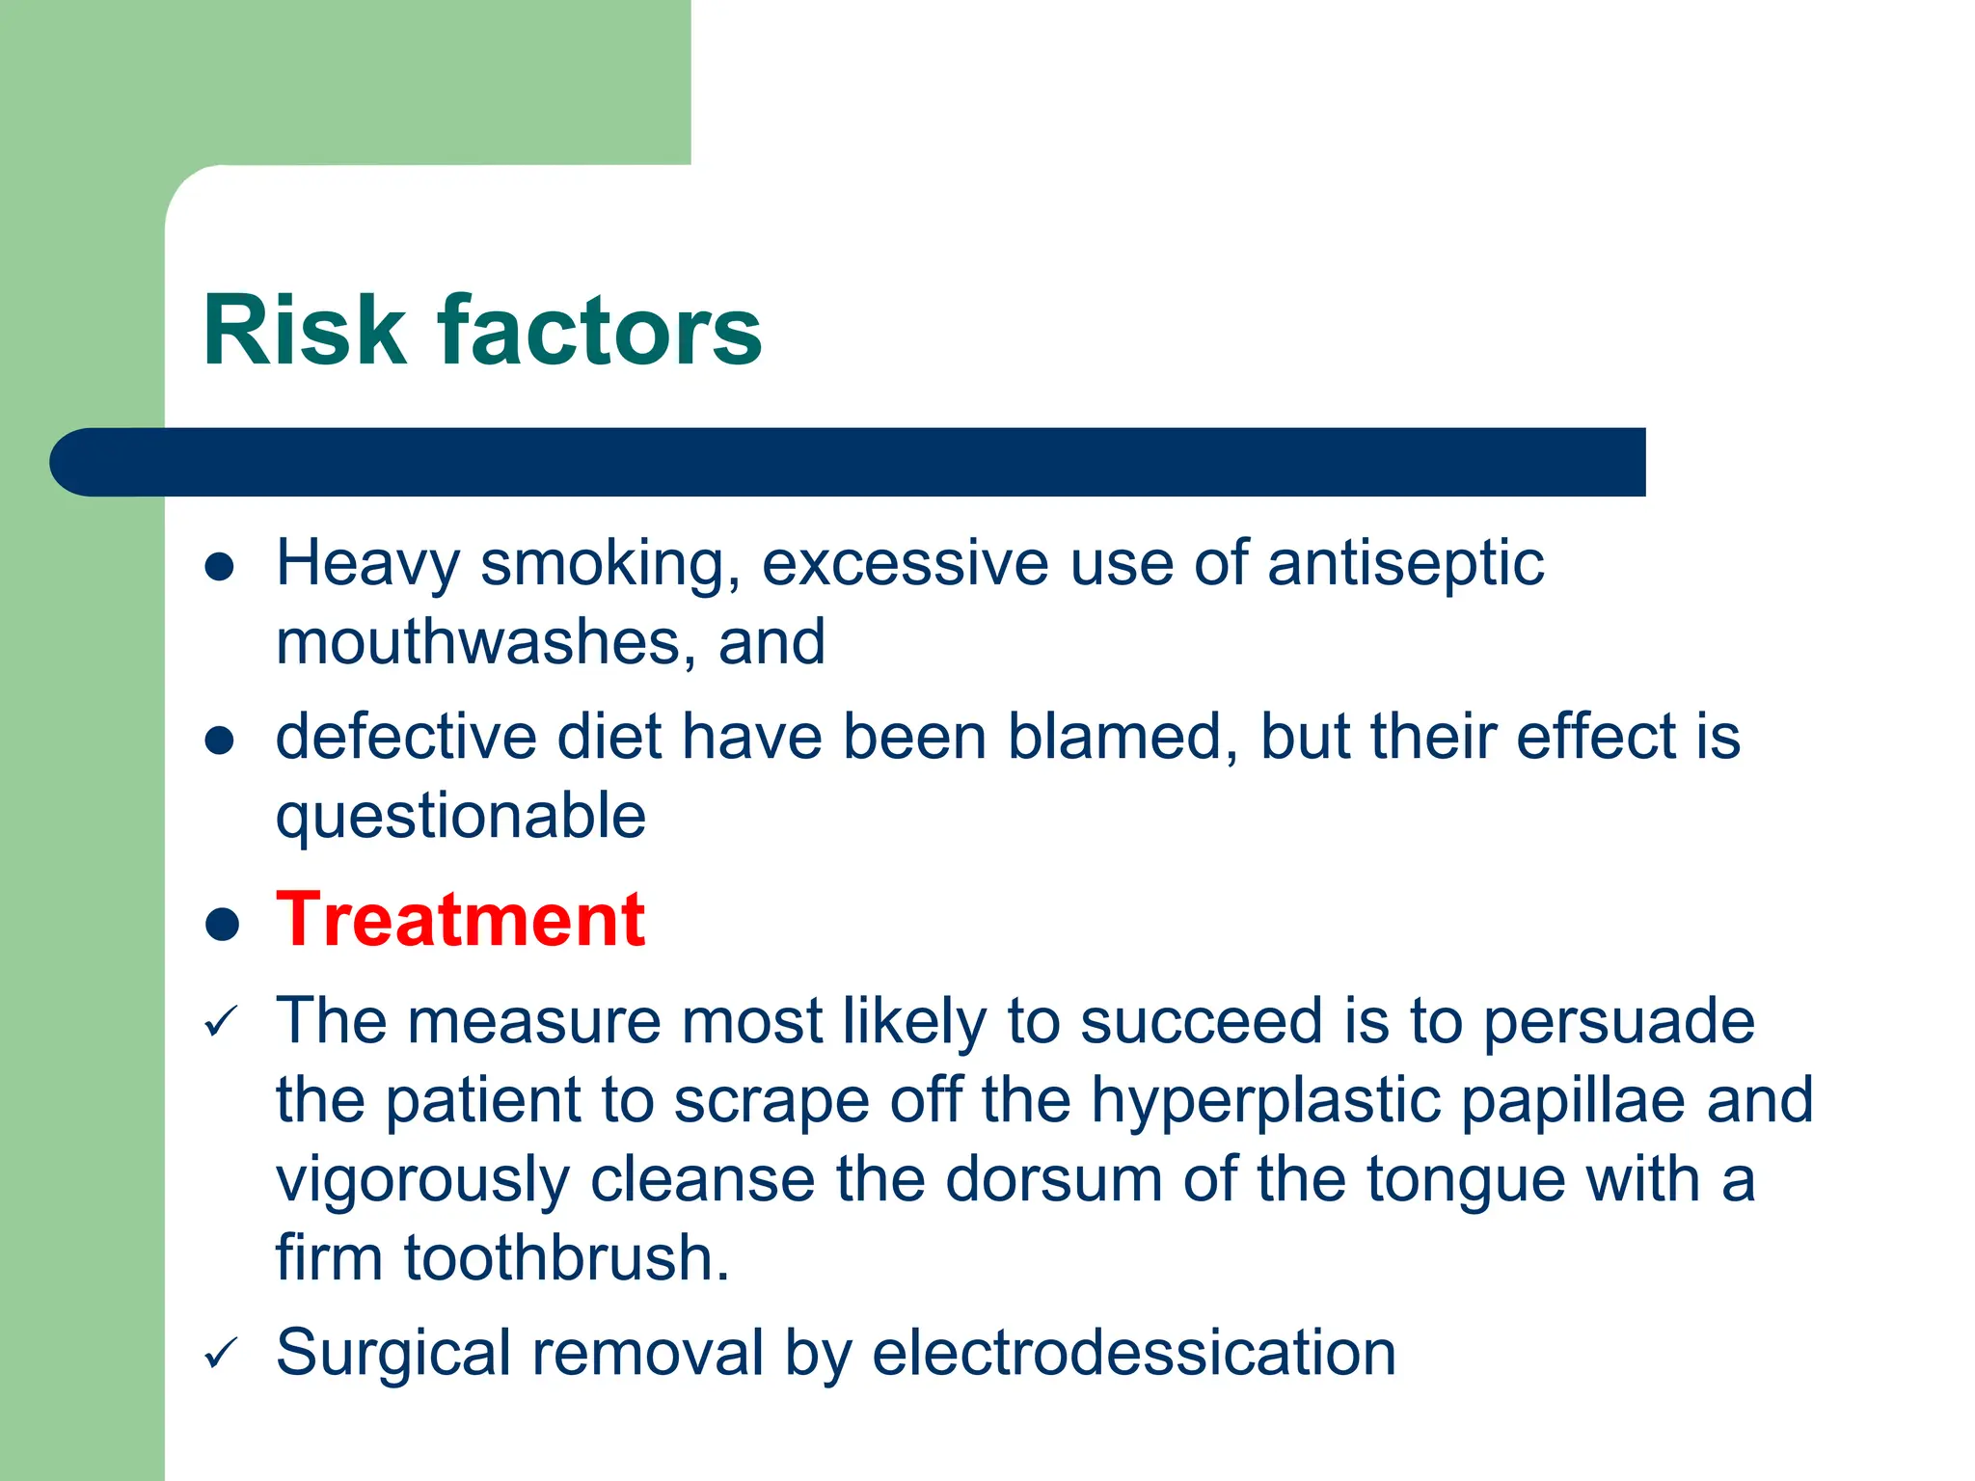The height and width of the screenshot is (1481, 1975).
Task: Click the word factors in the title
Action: pyautogui.click(x=600, y=331)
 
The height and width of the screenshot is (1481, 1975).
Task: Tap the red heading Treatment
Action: pyautogui.click(x=460, y=920)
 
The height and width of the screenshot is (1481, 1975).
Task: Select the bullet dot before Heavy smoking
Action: pyautogui.click(x=220, y=566)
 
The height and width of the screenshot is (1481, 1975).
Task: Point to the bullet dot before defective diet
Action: pyautogui.click(x=220, y=740)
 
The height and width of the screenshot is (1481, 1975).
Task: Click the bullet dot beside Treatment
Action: pyautogui.click(x=222, y=924)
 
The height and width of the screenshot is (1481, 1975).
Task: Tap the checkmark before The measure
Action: pyautogui.click(x=221, y=1022)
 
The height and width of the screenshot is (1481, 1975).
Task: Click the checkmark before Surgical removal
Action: pyautogui.click(x=221, y=1354)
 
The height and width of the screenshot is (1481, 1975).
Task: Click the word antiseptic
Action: pyautogui.click(x=1405, y=564)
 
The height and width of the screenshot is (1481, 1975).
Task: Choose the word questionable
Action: pyautogui.click(x=461, y=818)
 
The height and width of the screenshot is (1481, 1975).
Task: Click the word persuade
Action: pyautogui.click(x=1618, y=1021)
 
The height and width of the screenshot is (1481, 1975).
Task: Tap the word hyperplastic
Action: pyautogui.click(x=1266, y=1100)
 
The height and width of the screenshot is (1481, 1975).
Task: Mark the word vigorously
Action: pyautogui.click(x=422, y=1180)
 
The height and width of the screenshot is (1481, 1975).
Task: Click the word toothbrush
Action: pyautogui.click(x=566, y=1258)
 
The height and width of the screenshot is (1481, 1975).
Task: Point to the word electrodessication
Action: pyautogui.click(x=1134, y=1353)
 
